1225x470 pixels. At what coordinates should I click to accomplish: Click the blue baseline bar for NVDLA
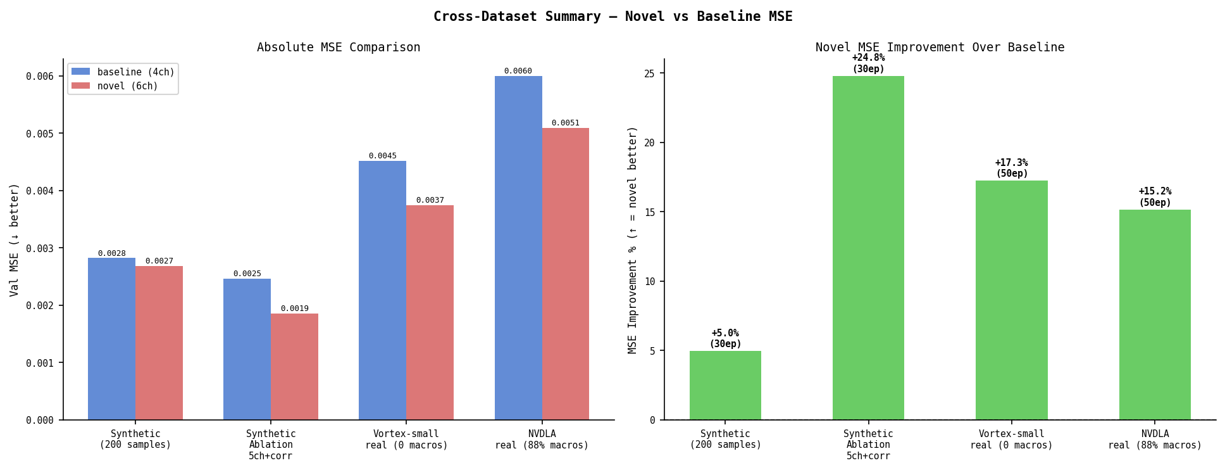tap(518, 248)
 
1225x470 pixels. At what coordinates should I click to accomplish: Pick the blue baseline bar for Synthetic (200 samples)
tap(111, 338)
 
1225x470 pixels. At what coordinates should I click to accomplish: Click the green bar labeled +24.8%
tap(868, 248)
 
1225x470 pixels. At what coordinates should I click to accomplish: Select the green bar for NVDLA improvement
tap(1155, 314)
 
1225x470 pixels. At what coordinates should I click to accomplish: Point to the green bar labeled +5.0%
tap(725, 385)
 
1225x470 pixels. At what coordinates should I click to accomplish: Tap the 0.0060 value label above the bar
tap(518, 71)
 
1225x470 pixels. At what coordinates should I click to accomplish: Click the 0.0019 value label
tap(294, 308)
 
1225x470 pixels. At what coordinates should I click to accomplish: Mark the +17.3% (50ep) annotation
tap(1011, 168)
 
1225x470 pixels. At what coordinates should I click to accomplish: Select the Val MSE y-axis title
tap(14, 239)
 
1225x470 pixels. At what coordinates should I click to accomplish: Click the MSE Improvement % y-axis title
tap(633, 239)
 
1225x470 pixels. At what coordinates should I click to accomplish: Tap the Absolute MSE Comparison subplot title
tap(339, 48)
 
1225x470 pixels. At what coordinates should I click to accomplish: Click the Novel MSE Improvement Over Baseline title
tap(940, 48)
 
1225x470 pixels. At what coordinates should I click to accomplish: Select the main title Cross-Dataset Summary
tap(612, 16)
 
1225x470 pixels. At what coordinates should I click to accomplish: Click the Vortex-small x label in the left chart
tap(406, 440)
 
